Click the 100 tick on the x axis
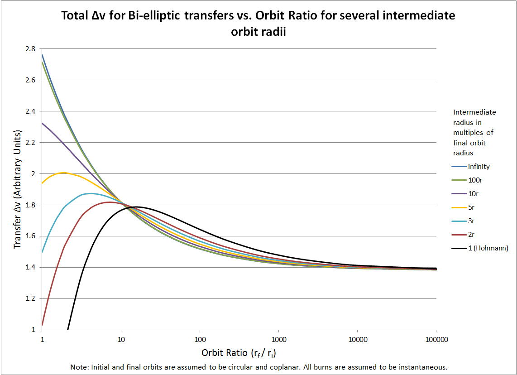200,339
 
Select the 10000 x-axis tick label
357,339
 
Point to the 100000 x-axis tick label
436,339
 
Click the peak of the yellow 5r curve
63,173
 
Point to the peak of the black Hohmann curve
136,207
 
